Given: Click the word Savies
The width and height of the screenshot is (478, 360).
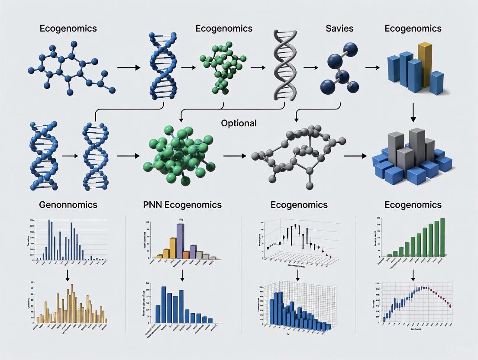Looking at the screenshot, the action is (339, 29).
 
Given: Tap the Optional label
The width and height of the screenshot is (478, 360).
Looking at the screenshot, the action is (239, 123).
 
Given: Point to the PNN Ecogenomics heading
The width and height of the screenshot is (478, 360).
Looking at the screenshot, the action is (182, 205).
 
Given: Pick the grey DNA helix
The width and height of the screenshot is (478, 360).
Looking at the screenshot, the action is (282, 65).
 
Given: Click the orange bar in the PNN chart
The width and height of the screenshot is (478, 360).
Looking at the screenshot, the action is (186, 254).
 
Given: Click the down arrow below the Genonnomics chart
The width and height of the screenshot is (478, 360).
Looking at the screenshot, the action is (68, 275).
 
